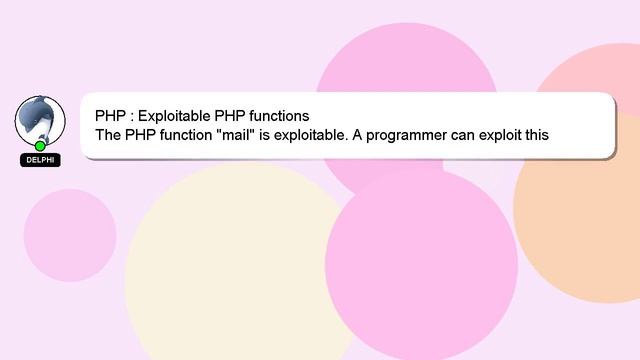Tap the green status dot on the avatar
(x=40, y=146)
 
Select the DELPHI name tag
(x=40, y=160)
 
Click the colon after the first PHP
(x=130, y=115)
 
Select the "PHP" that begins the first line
(x=110, y=115)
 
